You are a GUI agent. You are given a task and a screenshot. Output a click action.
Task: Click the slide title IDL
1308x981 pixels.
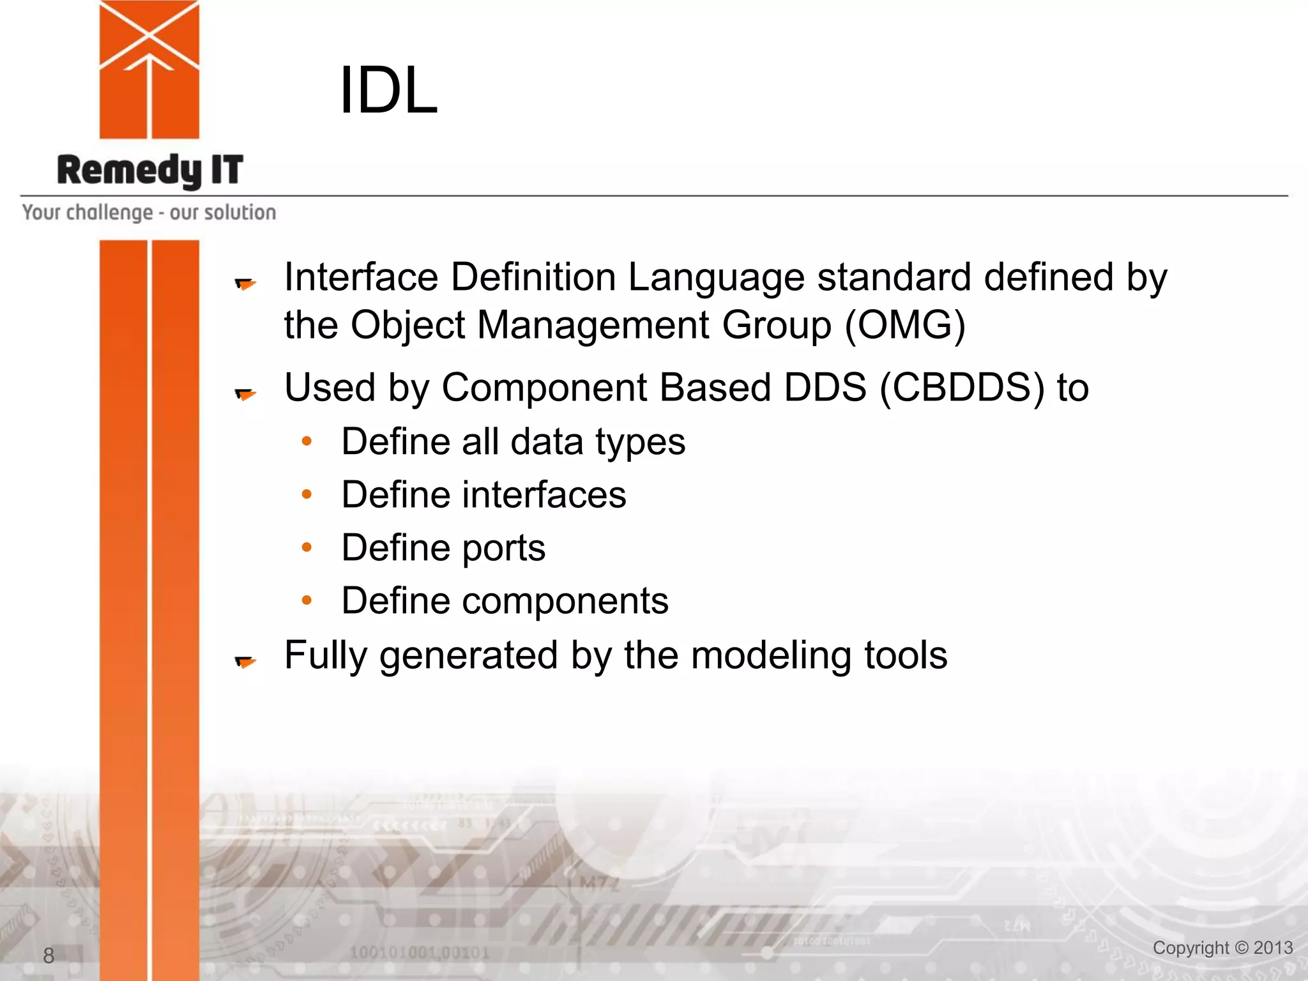coord(388,91)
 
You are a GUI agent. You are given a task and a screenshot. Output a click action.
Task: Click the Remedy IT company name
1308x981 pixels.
coord(150,171)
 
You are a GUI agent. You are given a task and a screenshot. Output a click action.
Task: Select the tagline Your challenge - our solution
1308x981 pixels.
coord(149,213)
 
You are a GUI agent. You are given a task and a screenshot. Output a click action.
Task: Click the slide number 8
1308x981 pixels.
coord(49,955)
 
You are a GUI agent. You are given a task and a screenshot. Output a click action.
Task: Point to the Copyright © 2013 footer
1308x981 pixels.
coord(1222,948)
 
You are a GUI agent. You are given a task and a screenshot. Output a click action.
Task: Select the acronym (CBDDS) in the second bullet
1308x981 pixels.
coord(962,388)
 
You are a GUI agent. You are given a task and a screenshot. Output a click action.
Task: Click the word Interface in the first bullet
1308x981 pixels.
coord(361,277)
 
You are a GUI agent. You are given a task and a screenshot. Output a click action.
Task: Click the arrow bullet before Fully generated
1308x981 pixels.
coord(245,662)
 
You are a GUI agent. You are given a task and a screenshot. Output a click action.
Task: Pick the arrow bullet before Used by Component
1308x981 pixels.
coord(245,394)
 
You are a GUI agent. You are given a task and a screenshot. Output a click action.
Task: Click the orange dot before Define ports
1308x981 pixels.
coord(307,547)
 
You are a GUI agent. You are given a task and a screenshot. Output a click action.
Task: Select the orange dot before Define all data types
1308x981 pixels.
coord(307,441)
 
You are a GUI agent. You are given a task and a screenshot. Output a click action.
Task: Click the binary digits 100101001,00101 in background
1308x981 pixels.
coord(420,953)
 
